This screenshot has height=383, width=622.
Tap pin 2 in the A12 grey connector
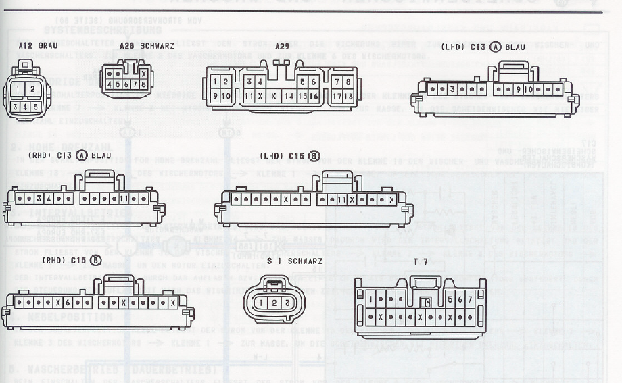tap(32, 88)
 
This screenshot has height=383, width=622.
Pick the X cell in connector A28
tap(143, 74)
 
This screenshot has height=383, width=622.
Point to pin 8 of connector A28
tap(143, 85)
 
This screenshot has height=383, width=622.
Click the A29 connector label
tap(282, 46)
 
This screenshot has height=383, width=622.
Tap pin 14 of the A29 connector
tap(289, 96)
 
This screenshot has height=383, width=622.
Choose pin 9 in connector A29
tap(215, 96)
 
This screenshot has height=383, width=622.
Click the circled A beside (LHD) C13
tap(496, 47)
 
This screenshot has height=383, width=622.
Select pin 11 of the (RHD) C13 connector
tap(124, 199)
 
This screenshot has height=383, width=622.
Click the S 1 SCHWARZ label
tap(295, 261)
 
